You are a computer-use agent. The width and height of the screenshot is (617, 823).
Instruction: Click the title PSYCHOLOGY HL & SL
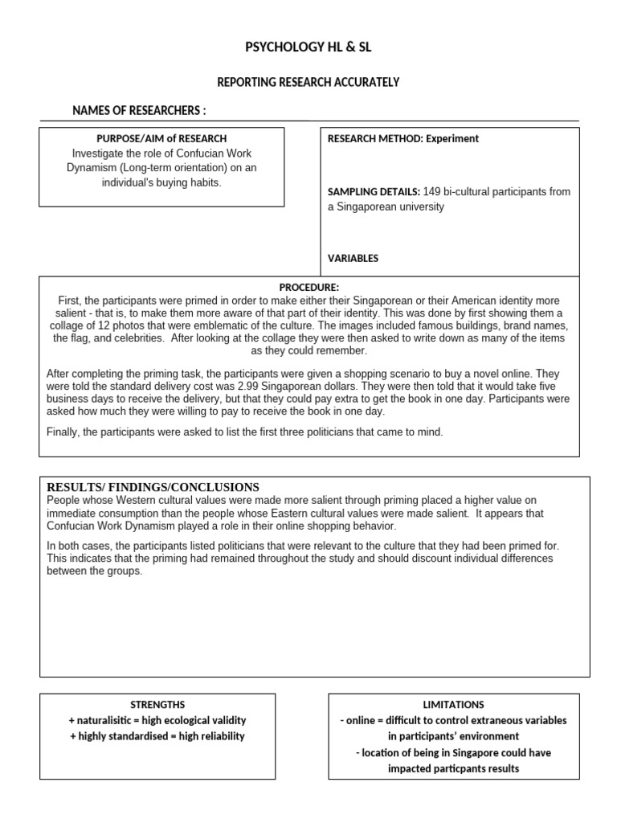pyautogui.click(x=308, y=48)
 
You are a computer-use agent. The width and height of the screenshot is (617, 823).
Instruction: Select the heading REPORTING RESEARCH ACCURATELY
pyautogui.click(x=308, y=82)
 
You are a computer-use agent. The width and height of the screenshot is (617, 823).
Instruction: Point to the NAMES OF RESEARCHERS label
pyautogui.click(x=139, y=110)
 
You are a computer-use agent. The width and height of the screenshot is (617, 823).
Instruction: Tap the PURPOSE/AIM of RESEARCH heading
pyautogui.click(x=161, y=138)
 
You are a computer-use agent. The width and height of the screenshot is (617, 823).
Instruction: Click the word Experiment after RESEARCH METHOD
pyautogui.click(x=452, y=138)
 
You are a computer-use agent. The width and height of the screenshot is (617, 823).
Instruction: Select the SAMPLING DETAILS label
pyautogui.click(x=374, y=191)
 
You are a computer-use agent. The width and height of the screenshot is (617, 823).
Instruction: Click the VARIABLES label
pyautogui.click(x=353, y=258)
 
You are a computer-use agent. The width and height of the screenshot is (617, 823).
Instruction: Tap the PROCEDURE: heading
pyautogui.click(x=309, y=287)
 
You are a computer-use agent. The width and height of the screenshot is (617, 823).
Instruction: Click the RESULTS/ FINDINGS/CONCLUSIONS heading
pyautogui.click(x=153, y=486)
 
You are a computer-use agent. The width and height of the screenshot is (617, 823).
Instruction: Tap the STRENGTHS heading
pyautogui.click(x=157, y=705)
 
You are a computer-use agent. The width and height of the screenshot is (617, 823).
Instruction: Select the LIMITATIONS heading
pyautogui.click(x=452, y=705)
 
